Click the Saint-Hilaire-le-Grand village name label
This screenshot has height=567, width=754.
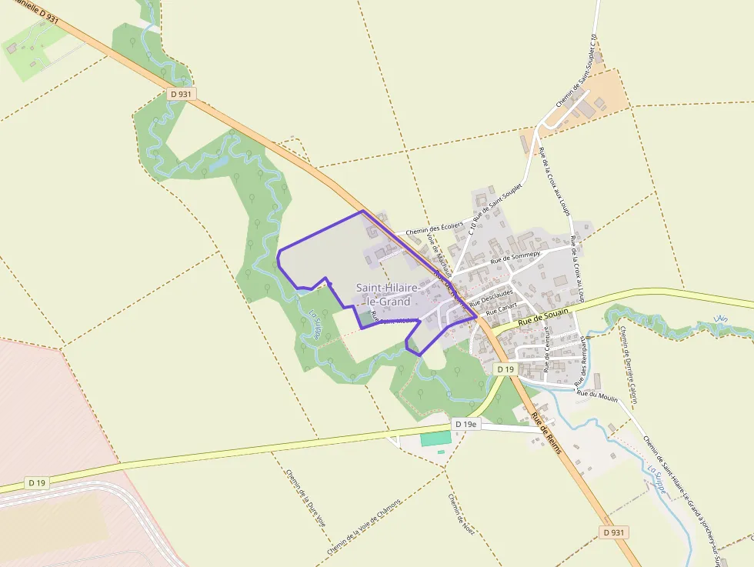388,295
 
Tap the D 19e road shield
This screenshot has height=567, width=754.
465,424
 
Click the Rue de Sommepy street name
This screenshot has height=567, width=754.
515,256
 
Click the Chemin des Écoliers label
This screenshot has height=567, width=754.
435,229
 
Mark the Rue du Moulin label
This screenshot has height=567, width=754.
596,394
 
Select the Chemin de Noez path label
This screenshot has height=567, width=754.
461,513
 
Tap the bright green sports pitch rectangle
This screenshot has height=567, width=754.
435,439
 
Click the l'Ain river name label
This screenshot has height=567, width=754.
720,319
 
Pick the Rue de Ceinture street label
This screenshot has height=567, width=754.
548,355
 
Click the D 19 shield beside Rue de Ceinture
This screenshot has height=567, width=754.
505,369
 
